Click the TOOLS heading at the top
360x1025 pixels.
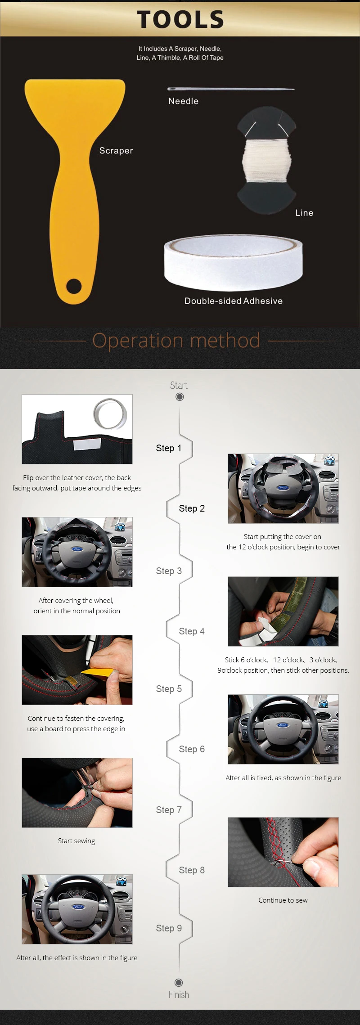(x=180, y=19)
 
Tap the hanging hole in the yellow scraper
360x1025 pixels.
(x=74, y=285)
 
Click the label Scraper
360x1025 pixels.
(x=116, y=151)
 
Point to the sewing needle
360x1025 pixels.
(x=231, y=89)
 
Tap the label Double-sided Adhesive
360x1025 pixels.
(x=234, y=301)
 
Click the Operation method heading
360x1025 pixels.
(x=176, y=341)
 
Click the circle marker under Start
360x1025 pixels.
(x=180, y=397)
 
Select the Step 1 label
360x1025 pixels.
(x=169, y=448)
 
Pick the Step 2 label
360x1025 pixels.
(x=192, y=508)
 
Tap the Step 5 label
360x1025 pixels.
(x=169, y=689)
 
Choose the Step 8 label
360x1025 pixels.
(x=192, y=870)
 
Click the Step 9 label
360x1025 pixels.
(x=169, y=928)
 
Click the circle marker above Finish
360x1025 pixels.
(x=179, y=983)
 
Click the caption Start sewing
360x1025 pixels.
(x=76, y=841)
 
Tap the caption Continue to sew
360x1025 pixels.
(x=283, y=900)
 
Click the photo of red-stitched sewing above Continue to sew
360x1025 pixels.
(x=283, y=852)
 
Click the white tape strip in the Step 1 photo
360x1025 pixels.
(x=87, y=445)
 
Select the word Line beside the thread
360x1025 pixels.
(x=304, y=213)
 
